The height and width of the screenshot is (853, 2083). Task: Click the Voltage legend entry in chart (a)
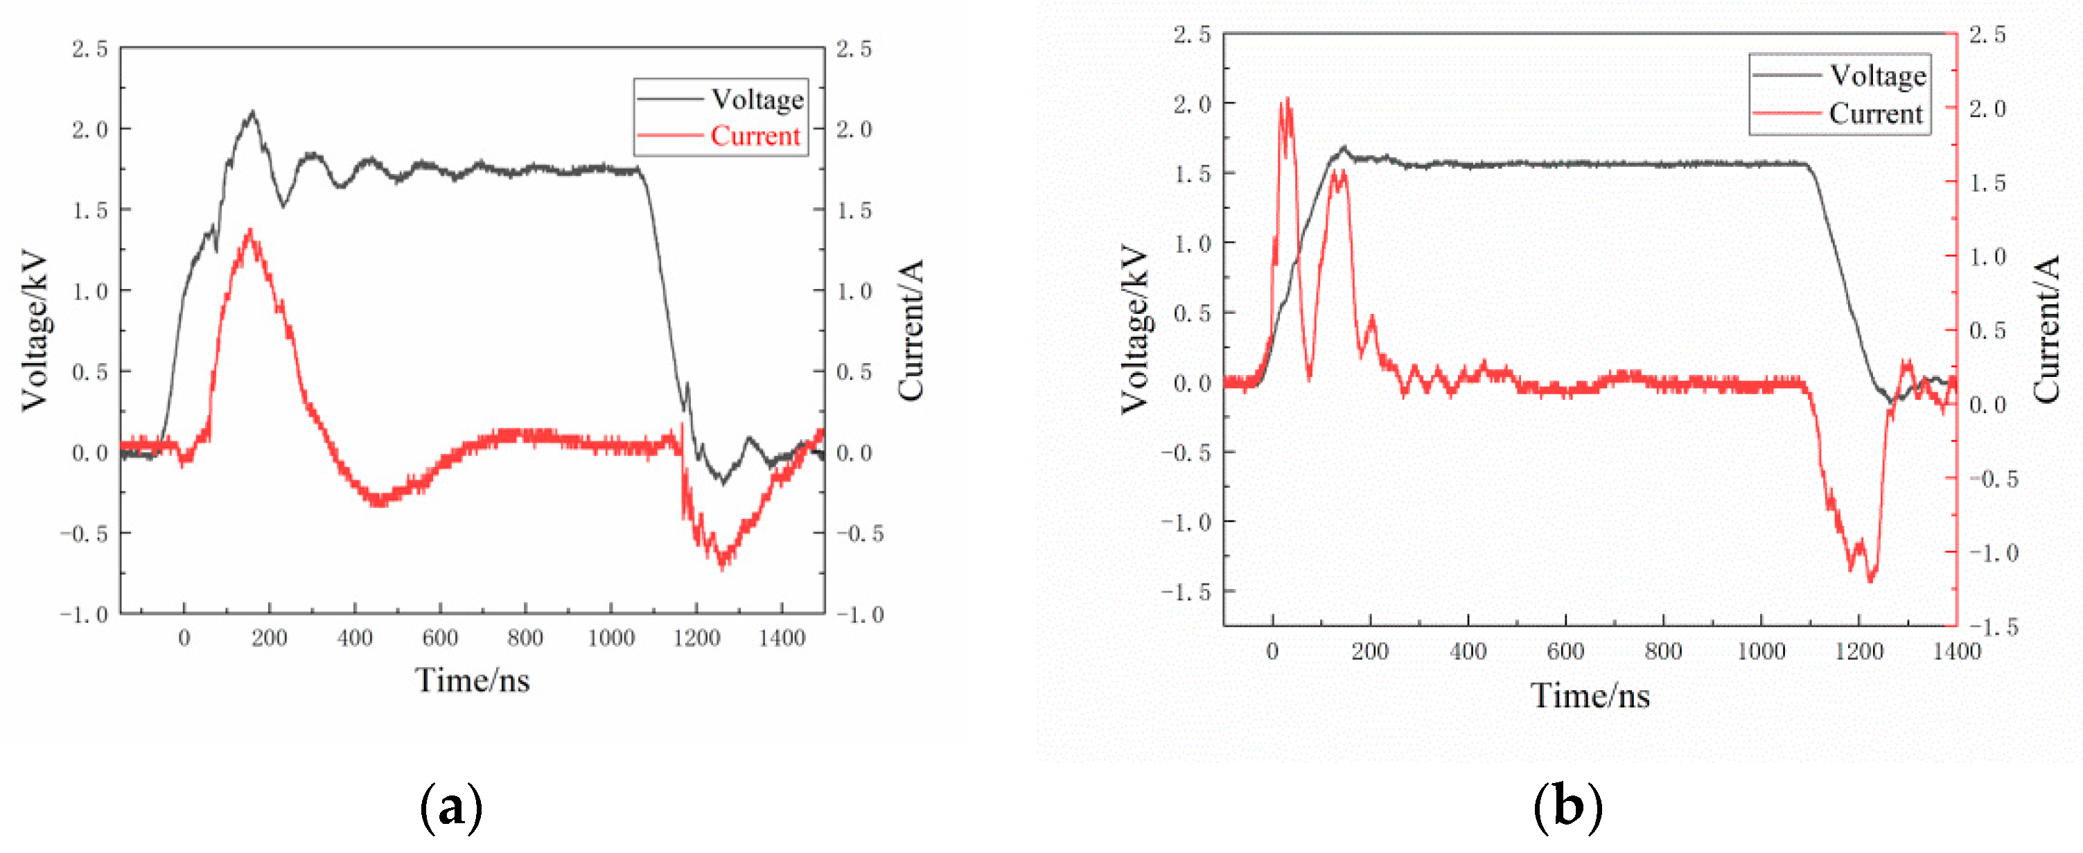[x=757, y=100]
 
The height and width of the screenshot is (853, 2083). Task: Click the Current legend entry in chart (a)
[x=755, y=136]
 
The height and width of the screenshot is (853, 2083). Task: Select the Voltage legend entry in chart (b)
[x=1878, y=76]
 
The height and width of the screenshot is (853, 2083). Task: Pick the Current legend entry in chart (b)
[x=1875, y=113]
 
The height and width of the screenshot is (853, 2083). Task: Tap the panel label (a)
[x=450, y=807]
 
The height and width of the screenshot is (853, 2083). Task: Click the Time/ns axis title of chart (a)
[x=472, y=680]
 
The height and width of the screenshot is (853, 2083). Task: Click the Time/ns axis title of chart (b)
[x=1589, y=695]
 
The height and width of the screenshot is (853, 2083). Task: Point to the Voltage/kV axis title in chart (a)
[x=34, y=331]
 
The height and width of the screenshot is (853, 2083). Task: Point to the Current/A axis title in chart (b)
[x=2046, y=330]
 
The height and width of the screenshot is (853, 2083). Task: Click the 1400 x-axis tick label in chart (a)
[x=781, y=638]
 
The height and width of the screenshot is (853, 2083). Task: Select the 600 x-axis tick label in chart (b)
[x=1565, y=651]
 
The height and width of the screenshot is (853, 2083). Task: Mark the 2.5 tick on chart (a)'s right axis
[x=854, y=49]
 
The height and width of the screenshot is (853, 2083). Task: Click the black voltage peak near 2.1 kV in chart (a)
[x=253, y=112]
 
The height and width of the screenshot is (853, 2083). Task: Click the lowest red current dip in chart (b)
[x=1870, y=579]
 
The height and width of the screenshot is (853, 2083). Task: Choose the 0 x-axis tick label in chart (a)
[x=184, y=638]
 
